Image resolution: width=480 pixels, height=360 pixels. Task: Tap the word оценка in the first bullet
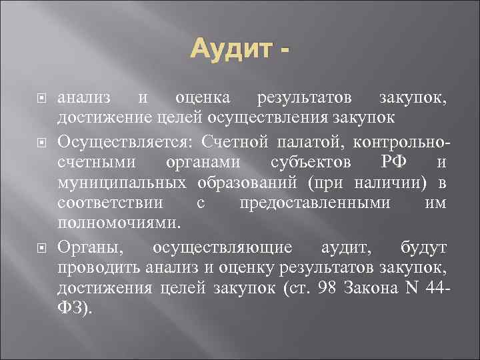(203, 99)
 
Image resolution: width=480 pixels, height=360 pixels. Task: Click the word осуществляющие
(222, 247)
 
